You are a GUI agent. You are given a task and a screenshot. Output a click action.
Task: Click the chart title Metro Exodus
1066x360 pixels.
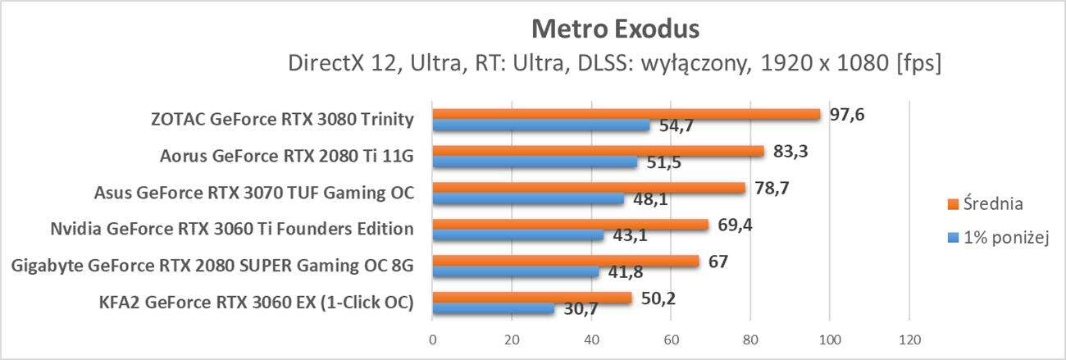pyautogui.click(x=615, y=30)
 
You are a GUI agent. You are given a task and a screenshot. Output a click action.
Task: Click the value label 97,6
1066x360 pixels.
pyautogui.click(x=847, y=114)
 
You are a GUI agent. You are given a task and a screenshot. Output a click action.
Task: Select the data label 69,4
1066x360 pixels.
pyautogui.click(x=735, y=224)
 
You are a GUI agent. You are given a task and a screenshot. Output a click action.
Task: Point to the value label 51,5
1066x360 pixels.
pyautogui.click(x=665, y=162)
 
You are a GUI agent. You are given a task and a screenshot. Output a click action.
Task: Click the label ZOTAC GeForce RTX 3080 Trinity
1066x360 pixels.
pyautogui.click(x=282, y=120)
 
